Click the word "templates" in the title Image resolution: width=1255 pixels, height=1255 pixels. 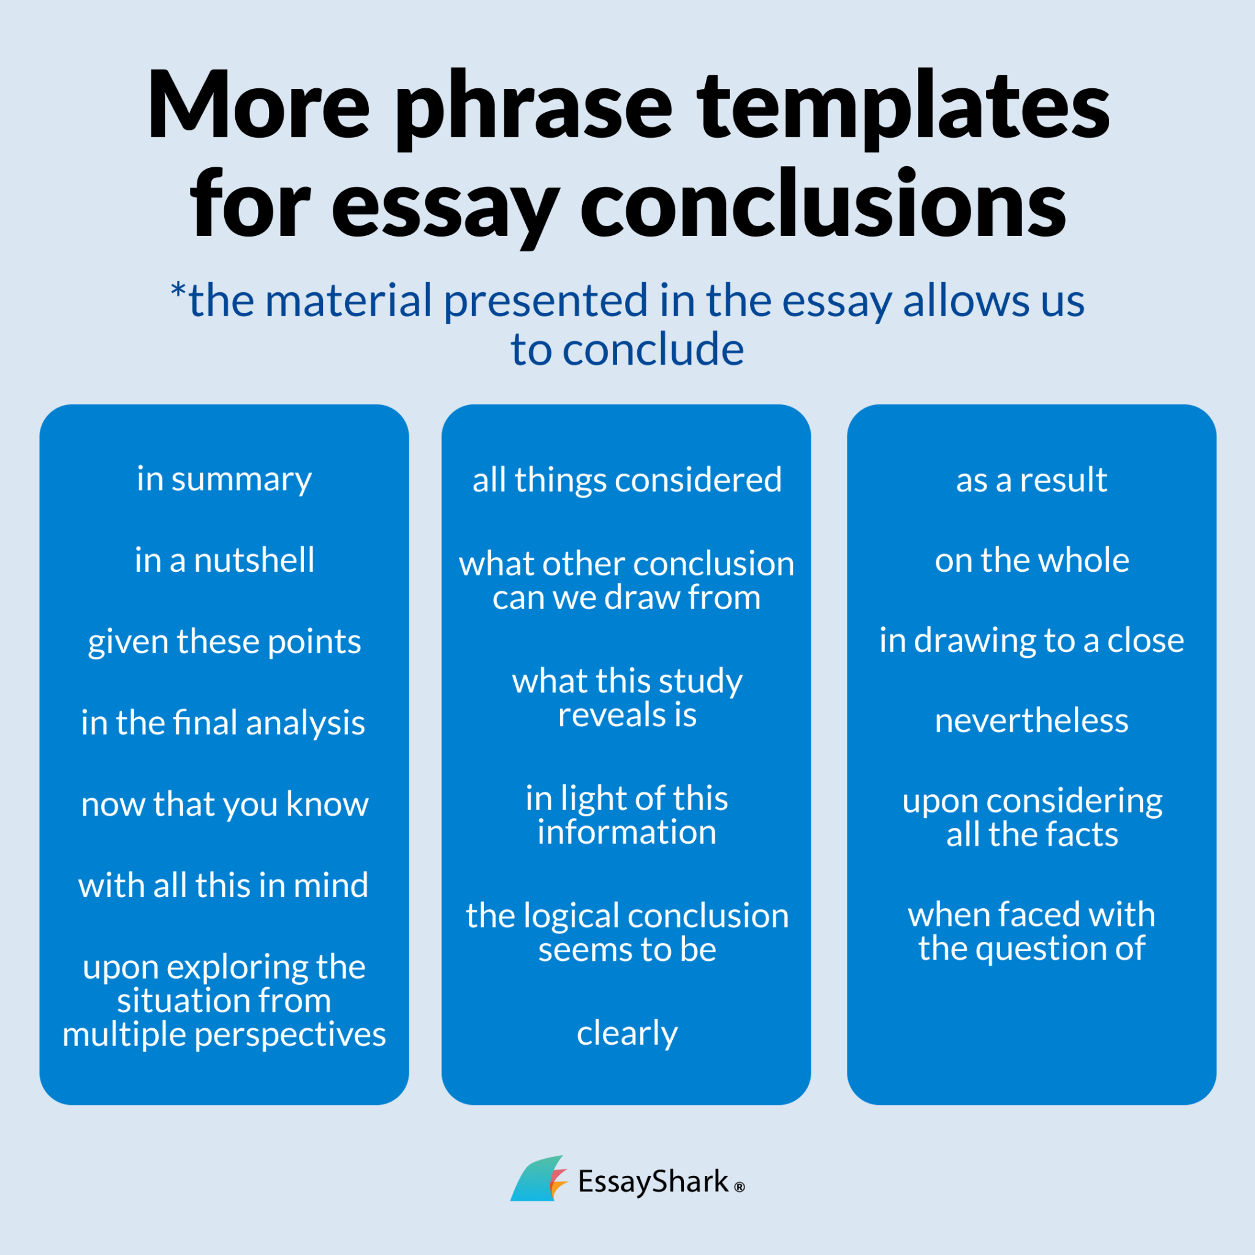coord(903,107)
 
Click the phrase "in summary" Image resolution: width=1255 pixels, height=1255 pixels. coord(224,479)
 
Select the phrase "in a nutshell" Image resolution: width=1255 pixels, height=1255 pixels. coord(224,560)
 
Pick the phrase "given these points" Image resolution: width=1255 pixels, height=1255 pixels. coord(224,642)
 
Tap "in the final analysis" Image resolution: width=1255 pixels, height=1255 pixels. coord(223,722)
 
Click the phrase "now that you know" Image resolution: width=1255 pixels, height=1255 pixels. coord(224,804)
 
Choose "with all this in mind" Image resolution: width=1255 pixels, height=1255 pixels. coord(223,885)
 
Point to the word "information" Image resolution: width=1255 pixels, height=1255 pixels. coord(627,833)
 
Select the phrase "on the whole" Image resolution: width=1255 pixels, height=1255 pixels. coord(1031,560)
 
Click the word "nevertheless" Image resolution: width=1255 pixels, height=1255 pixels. coord(1031,721)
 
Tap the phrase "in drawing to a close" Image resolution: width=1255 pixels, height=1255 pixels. coord(1031,640)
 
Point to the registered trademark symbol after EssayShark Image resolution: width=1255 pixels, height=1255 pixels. coord(739,1188)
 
